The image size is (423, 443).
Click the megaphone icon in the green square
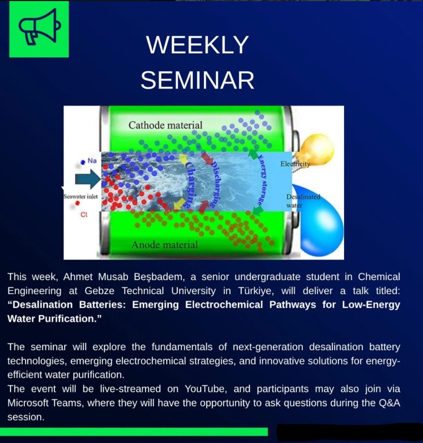(39, 29)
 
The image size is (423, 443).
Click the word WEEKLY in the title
(197, 45)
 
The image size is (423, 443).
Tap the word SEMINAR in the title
(197, 81)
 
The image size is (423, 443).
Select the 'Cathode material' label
(166, 125)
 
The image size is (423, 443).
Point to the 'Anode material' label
(164, 245)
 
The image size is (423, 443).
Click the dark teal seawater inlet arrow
(88, 178)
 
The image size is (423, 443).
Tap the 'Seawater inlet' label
(81, 196)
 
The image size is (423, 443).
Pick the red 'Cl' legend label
(84, 215)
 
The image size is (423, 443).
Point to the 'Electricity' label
(295, 164)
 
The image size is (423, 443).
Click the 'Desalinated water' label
(303, 201)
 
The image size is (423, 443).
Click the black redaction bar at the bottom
(349, 432)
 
